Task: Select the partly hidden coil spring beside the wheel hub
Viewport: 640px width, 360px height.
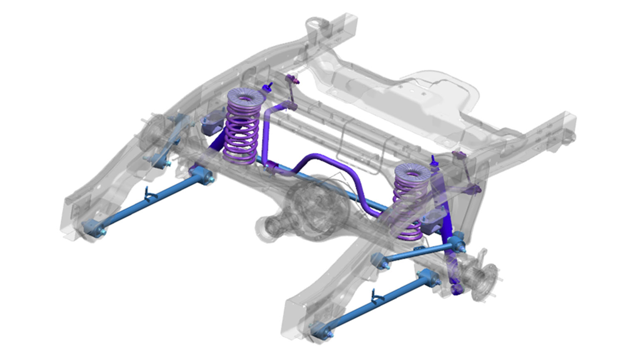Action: click(409, 208)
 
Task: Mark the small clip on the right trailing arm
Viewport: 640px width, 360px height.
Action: click(377, 296)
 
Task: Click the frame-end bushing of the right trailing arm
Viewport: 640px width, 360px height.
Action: click(321, 330)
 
